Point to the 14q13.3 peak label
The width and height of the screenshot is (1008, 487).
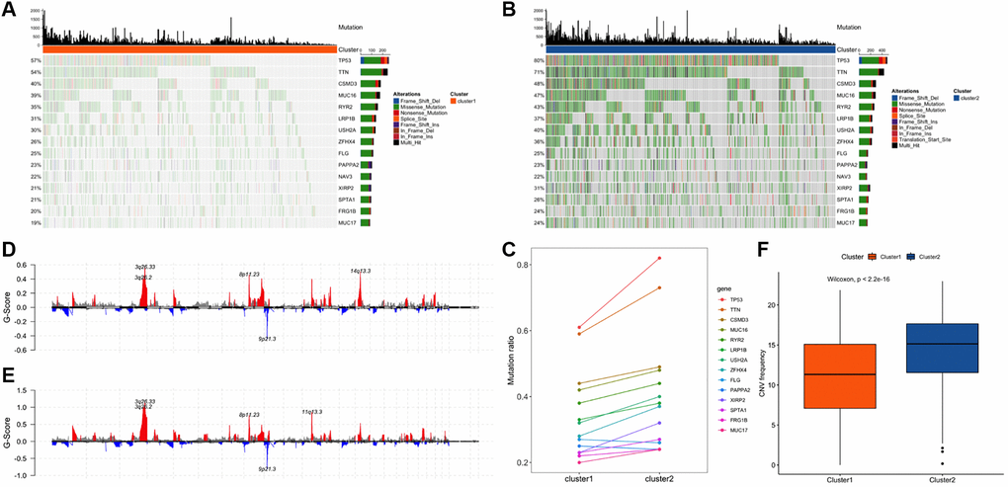(x=360, y=270)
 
